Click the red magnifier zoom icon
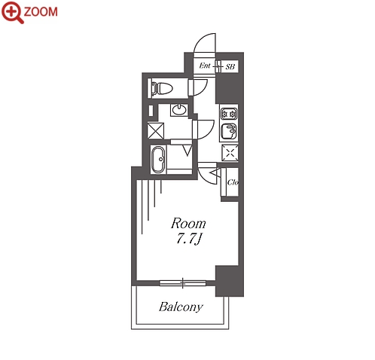[x=13, y=12]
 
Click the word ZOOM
[x=41, y=12]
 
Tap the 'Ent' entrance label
[x=205, y=66]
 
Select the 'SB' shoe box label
[x=230, y=67]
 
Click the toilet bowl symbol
[x=162, y=88]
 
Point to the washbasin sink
[x=179, y=110]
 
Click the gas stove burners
[x=229, y=114]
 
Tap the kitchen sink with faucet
[x=229, y=132]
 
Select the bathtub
[x=158, y=159]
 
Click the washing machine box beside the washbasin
[x=156, y=130]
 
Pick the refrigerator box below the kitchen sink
[x=230, y=153]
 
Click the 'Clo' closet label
[x=233, y=182]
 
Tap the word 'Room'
[x=188, y=224]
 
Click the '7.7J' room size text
[x=189, y=239]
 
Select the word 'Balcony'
[x=181, y=307]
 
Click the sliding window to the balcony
[x=183, y=283]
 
